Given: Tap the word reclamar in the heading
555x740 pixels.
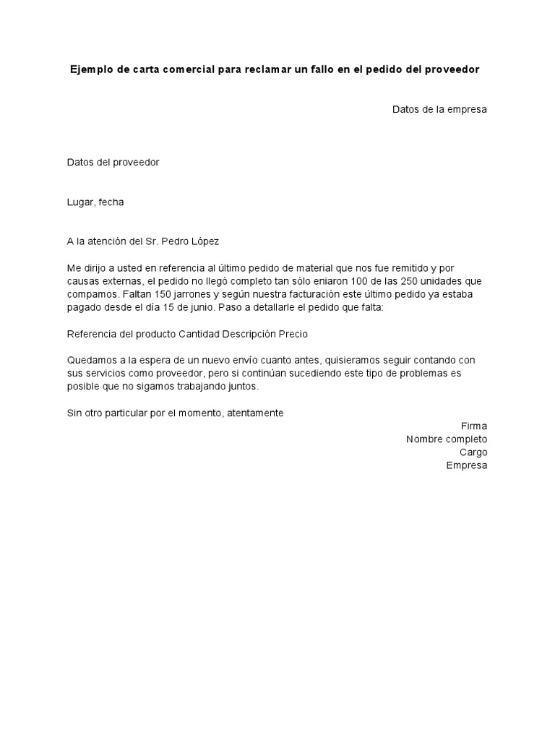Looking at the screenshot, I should pos(251,70).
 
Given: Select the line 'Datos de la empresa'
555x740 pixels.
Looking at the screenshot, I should pos(439,110).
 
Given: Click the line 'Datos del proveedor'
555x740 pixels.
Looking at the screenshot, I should pos(113,163).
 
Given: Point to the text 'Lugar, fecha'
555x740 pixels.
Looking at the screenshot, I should pos(95,202).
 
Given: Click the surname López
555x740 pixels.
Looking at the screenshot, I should pos(203,241).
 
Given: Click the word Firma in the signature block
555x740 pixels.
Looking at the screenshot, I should pos(474,426).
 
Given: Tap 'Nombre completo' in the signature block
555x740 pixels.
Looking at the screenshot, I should pos(447,439).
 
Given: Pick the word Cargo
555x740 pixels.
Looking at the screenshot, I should pos(473,452).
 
